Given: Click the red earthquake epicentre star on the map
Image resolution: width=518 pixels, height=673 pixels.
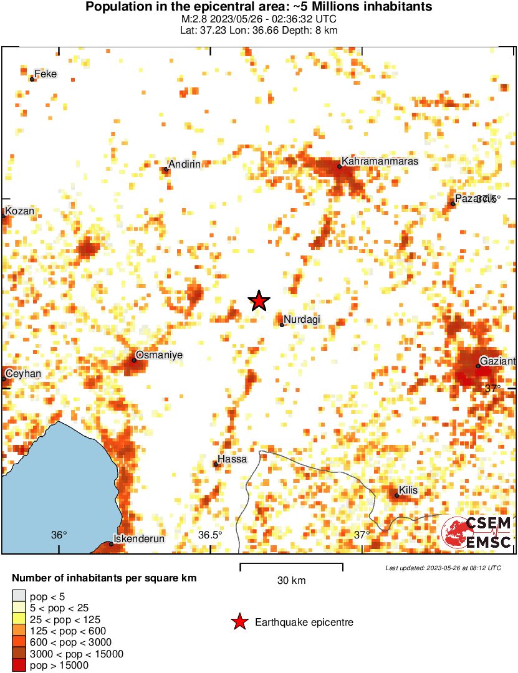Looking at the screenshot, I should click(259, 301).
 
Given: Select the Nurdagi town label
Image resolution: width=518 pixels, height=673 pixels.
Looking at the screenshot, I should click(302, 319).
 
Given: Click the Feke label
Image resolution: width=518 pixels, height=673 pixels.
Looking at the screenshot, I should click(46, 74).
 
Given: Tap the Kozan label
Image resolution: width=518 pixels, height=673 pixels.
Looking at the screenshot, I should click(19, 211).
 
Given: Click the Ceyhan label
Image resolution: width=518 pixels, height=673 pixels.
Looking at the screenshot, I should click(24, 373).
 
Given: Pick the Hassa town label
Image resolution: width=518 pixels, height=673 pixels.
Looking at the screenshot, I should click(233, 459).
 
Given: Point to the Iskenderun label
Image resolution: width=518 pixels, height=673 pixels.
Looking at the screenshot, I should click(138, 539).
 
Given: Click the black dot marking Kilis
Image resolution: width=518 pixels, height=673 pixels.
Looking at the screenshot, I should click(397, 496).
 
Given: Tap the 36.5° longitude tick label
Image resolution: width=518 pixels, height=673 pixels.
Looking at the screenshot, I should click(210, 535).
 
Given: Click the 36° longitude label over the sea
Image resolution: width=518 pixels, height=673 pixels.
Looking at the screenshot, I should click(59, 535).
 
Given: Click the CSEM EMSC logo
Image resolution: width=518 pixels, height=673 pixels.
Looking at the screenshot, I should click(477, 533).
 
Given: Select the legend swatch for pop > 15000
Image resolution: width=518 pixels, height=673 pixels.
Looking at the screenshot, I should click(19, 666).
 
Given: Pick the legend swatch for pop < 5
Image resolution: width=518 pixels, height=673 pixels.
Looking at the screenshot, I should click(19, 597).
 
